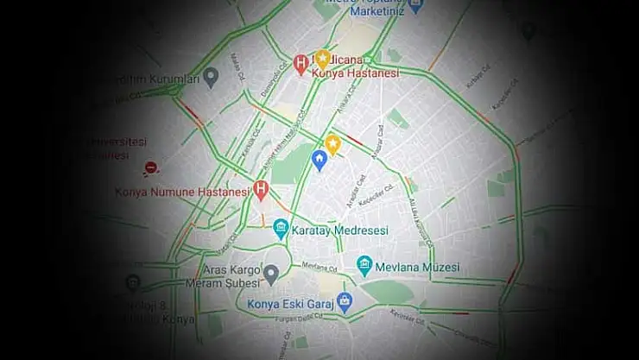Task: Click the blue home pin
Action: (x=319, y=160)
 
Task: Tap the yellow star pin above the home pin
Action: (x=332, y=143)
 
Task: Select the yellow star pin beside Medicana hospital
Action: (x=322, y=58)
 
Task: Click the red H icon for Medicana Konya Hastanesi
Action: (x=301, y=62)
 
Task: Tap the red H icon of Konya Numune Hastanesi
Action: (x=262, y=190)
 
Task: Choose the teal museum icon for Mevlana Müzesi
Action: (x=364, y=265)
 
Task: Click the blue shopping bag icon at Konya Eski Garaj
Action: (x=345, y=302)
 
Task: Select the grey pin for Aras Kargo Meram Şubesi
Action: (x=270, y=275)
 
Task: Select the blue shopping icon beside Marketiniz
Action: (x=416, y=7)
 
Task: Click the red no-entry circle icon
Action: (x=151, y=168)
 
